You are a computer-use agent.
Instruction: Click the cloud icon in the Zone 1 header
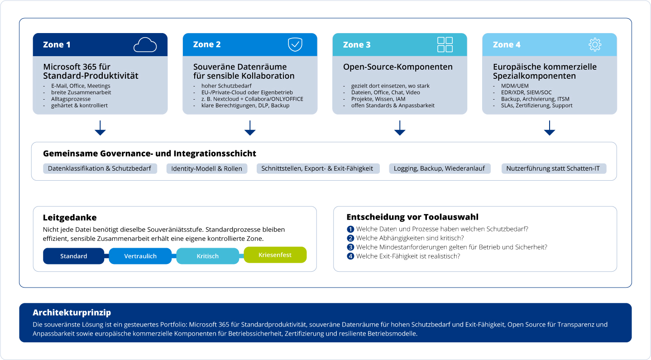[145, 45]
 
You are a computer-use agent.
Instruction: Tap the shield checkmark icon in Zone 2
[295, 44]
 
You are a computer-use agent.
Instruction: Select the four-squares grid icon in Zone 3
[445, 44]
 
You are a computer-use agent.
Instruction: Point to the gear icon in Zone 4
[595, 44]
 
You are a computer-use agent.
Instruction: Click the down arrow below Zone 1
[100, 128]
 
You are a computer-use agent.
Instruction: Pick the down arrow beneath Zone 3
[400, 128]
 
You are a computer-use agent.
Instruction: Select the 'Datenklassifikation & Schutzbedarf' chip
[100, 168]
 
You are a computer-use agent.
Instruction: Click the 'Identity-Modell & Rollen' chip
[206, 168]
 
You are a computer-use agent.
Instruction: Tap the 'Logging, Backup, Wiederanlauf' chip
[440, 168]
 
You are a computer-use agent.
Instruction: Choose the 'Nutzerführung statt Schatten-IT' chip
[554, 168]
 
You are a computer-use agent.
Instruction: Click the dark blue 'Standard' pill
[73, 256]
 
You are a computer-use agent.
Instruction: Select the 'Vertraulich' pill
[140, 256]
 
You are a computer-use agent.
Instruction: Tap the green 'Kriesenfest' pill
[275, 255]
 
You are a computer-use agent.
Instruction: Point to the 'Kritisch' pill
[207, 256]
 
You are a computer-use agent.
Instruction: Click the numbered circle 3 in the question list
[350, 247]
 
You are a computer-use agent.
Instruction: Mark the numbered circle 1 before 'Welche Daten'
[350, 229]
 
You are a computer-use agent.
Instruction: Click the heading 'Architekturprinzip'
[72, 312]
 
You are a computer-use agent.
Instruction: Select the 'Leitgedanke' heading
[70, 217]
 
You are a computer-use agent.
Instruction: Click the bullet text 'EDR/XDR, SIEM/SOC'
[527, 92]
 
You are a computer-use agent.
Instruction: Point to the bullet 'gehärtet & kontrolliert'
[79, 106]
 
